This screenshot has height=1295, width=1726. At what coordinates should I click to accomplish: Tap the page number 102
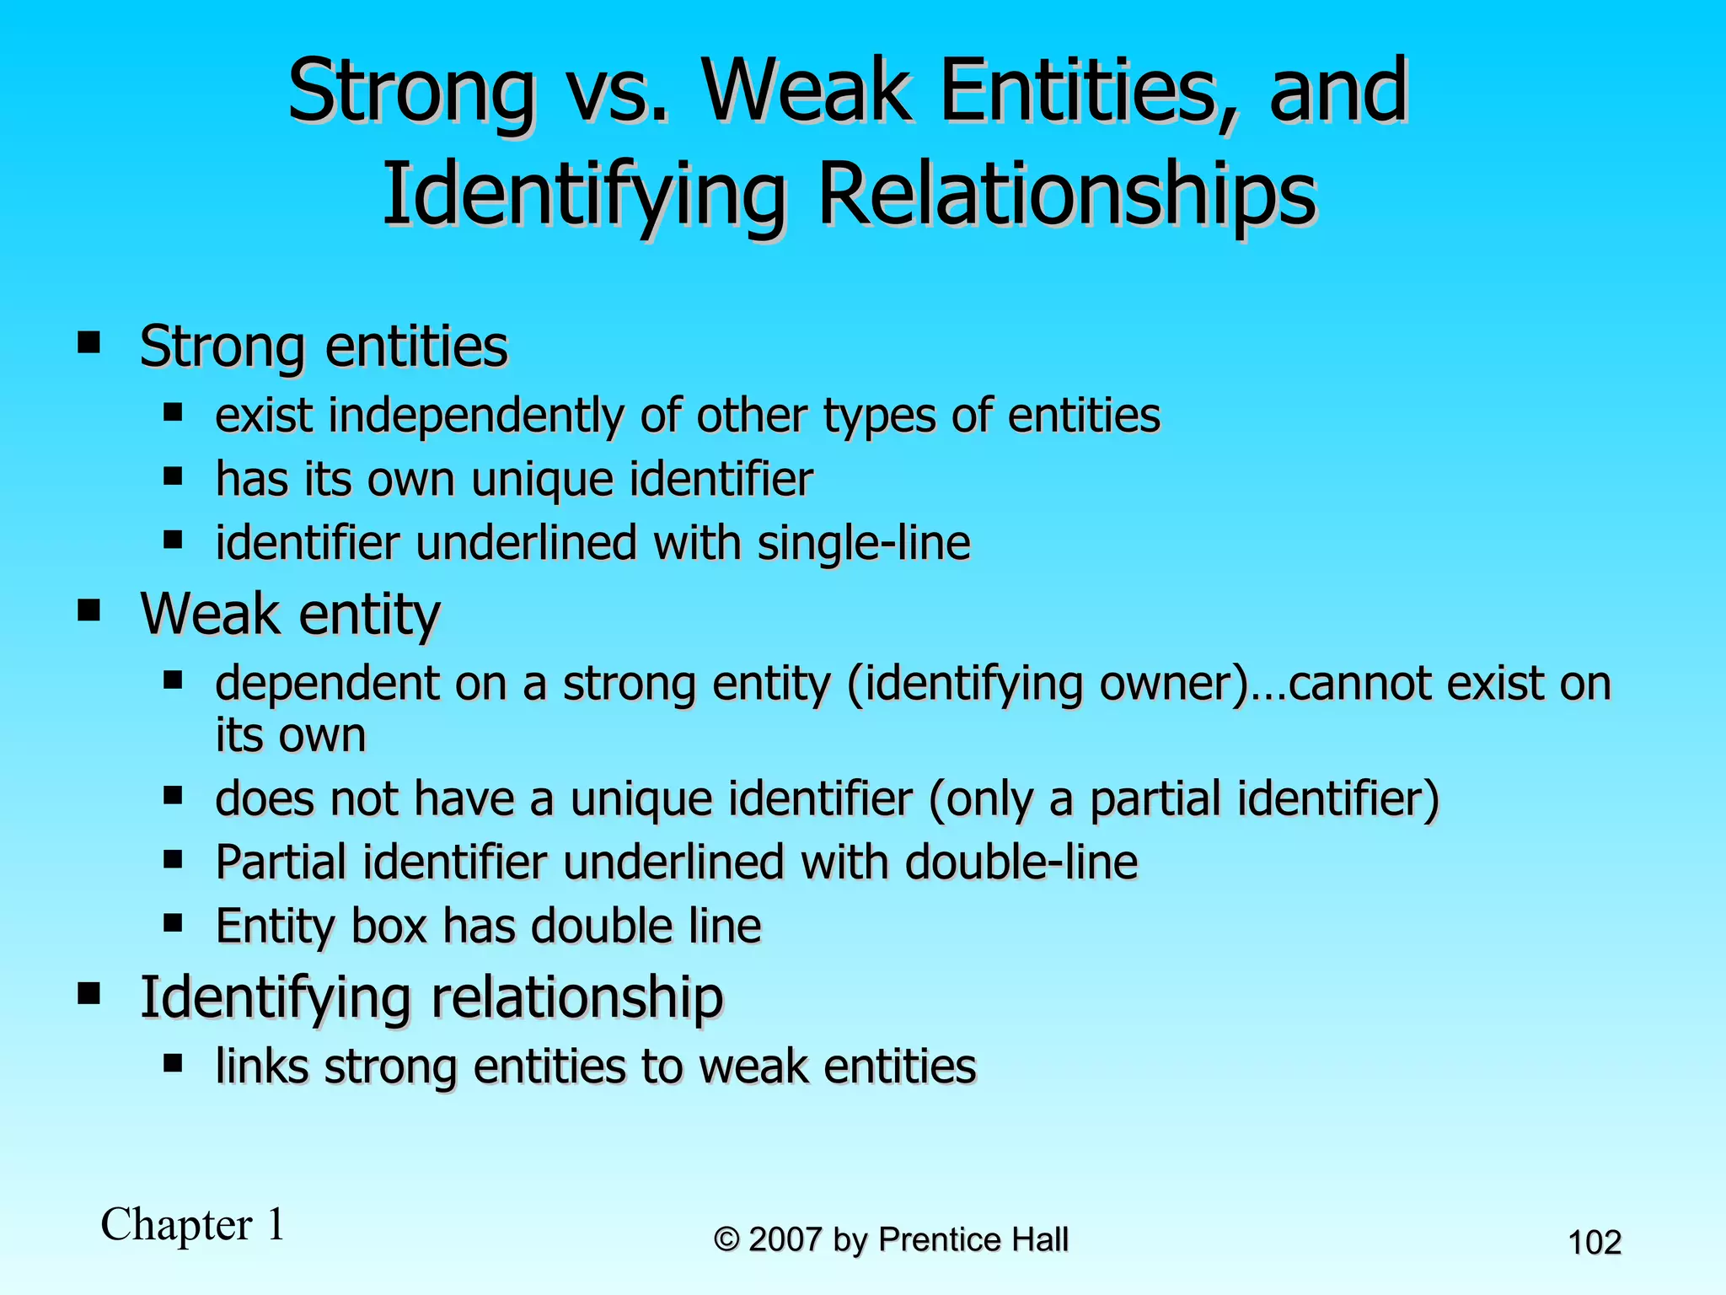tap(1594, 1243)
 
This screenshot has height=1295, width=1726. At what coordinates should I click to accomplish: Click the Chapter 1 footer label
tap(193, 1224)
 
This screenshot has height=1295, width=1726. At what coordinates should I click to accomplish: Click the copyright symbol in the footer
tap(726, 1240)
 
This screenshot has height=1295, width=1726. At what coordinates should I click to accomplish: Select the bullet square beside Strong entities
tap(88, 343)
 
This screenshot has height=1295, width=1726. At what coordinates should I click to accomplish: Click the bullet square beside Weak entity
tap(88, 610)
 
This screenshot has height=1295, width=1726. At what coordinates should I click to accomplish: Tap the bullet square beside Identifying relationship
tap(88, 993)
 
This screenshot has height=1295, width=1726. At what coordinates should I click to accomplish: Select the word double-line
tap(1021, 862)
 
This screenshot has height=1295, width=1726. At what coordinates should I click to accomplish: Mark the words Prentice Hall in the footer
tap(973, 1240)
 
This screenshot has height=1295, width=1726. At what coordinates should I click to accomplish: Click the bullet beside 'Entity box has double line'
tap(174, 923)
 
